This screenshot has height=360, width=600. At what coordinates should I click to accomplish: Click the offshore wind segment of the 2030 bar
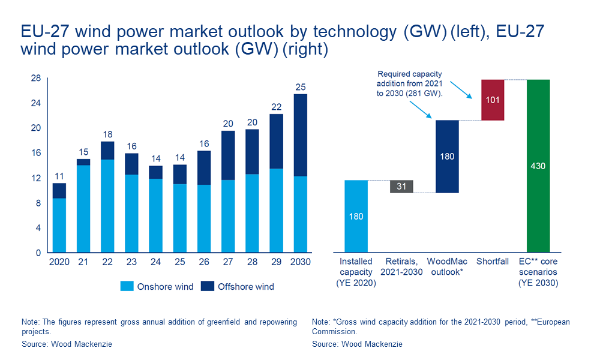coord(300,135)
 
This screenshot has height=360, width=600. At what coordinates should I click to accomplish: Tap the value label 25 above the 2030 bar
coord(300,88)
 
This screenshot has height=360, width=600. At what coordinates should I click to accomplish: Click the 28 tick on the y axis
coord(35,79)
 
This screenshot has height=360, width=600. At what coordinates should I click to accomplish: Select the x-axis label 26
coord(203,262)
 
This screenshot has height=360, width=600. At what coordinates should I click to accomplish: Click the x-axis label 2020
coord(59,262)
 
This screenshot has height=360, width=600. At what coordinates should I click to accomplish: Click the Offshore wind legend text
coord(246,287)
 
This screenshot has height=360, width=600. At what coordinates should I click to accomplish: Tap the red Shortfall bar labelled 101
coord(493,100)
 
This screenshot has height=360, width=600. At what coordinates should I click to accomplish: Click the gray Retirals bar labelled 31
coord(401,187)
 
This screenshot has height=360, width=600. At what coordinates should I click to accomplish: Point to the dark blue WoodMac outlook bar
coord(447,156)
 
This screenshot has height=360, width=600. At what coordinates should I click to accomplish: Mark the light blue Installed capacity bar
coord(356,216)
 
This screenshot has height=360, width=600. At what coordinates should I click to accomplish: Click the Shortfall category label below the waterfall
coord(493,262)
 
